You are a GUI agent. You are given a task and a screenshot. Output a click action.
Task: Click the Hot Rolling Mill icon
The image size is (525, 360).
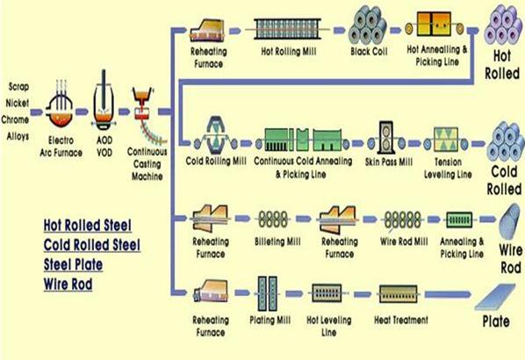pos(287,29)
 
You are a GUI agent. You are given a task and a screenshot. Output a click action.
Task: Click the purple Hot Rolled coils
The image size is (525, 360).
pos(502,25)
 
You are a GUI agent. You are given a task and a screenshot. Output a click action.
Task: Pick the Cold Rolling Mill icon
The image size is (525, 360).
pos(216,135)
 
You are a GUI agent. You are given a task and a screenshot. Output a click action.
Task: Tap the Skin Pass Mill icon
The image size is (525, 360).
pos(386,138)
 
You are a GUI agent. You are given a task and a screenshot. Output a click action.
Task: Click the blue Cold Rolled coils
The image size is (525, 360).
pos(506,141)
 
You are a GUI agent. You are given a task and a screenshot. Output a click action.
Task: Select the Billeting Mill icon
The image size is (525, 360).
pos(273,220)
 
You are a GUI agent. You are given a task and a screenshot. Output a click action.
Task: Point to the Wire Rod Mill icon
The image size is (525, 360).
pos(402,220)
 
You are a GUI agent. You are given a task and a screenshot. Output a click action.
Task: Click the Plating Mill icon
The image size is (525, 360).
pos(268,293)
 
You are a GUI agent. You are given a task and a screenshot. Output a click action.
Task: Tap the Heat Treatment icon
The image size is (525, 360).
pos(398,294)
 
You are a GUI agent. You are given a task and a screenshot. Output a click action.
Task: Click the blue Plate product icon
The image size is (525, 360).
pos(495,297)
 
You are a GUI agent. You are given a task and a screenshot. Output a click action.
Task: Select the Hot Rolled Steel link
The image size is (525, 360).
pos(88,225)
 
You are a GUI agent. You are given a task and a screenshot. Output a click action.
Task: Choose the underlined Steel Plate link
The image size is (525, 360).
pos(73,264)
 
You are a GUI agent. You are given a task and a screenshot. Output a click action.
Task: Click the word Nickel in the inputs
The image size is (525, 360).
pos(17,103)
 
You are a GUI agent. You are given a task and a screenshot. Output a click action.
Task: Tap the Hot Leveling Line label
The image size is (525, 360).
pos(329,326)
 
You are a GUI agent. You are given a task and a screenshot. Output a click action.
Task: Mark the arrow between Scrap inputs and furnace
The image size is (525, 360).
pos(37,112)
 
